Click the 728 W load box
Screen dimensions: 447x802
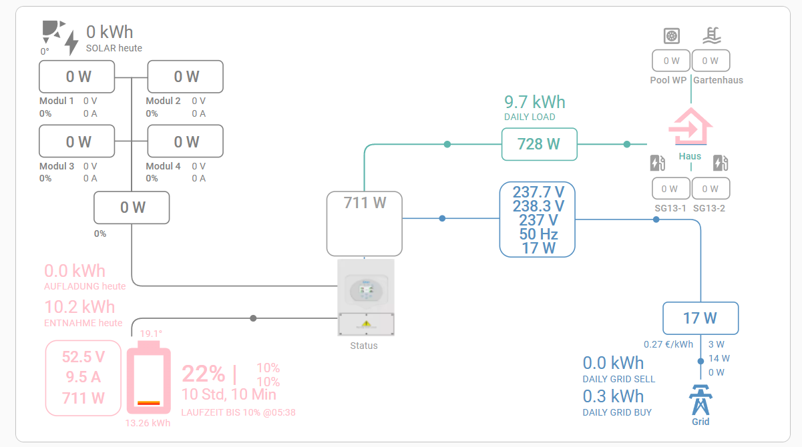point(539,144)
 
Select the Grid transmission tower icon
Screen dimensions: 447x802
point(700,400)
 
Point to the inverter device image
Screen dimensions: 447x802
point(365,298)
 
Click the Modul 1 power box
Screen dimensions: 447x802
point(77,77)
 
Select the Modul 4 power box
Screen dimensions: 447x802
point(186,141)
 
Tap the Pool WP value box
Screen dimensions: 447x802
point(671,61)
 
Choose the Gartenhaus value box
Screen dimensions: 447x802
point(710,61)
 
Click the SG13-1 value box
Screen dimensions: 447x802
point(670,189)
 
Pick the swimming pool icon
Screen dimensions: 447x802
point(713,35)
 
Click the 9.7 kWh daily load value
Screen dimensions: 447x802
point(534,102)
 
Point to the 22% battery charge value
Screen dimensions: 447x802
point(204,373)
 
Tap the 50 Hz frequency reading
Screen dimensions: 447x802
point(538,234)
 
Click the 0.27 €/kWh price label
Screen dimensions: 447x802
point(668,345)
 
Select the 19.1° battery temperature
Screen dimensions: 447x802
point(150,333)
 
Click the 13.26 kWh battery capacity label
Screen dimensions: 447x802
point(148,422)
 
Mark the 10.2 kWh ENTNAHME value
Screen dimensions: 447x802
point(79,307)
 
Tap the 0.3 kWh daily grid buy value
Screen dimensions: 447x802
point(613,396)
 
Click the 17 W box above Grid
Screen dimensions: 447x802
point(700,318)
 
